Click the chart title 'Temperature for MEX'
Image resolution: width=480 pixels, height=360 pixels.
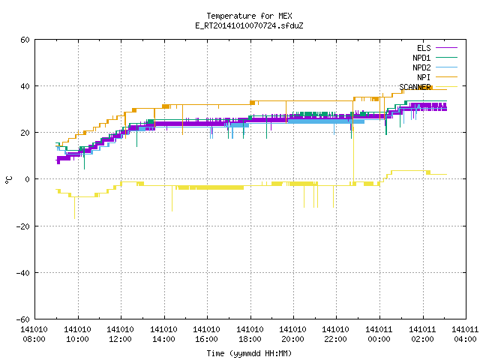coord(249,16)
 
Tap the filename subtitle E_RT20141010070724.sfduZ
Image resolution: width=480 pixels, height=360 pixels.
coord(249,25)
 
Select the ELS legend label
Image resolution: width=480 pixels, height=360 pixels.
coord(424,48)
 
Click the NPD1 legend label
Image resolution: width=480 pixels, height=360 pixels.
coord(421,58)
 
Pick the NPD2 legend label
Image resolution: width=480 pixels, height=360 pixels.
coord(421,67)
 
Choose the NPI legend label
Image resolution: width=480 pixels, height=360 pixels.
coord(424,77)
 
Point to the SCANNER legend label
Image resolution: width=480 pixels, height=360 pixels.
coord(415,87)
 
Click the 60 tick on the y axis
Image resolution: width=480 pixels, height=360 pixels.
coord(25,40)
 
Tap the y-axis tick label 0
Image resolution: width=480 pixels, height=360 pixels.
coord(28,179)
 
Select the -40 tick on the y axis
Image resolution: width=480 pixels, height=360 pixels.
coord(23,273)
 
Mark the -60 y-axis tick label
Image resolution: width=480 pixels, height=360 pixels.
coord(23,319)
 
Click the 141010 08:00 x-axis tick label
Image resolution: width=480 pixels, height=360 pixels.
coord(34,334)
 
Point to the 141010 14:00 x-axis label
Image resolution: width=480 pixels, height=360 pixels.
coord(163,334)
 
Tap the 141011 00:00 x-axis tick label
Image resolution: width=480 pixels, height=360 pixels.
coord(379,334)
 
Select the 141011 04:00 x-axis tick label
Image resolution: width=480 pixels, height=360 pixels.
coord(465,334)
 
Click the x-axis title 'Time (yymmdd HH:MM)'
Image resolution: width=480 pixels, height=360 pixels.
coord(249,353)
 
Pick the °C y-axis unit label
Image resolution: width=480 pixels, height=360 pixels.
coord(9,180)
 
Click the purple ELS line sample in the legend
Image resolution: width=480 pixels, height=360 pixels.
coord(446,48)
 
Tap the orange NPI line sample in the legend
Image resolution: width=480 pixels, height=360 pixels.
coord(446,77)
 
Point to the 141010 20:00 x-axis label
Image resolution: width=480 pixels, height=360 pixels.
coord(293,334)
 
